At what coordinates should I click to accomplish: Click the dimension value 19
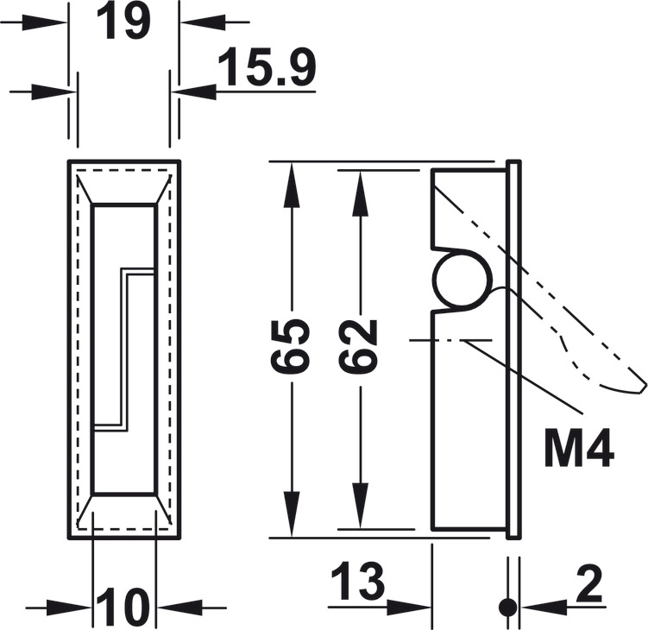click(123, 22)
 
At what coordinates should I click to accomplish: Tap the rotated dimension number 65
click(291, 346)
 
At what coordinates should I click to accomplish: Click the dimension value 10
click(123, 607)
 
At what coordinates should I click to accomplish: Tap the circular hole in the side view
click(462, 281)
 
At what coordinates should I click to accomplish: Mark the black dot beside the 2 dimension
click(508, 607)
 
